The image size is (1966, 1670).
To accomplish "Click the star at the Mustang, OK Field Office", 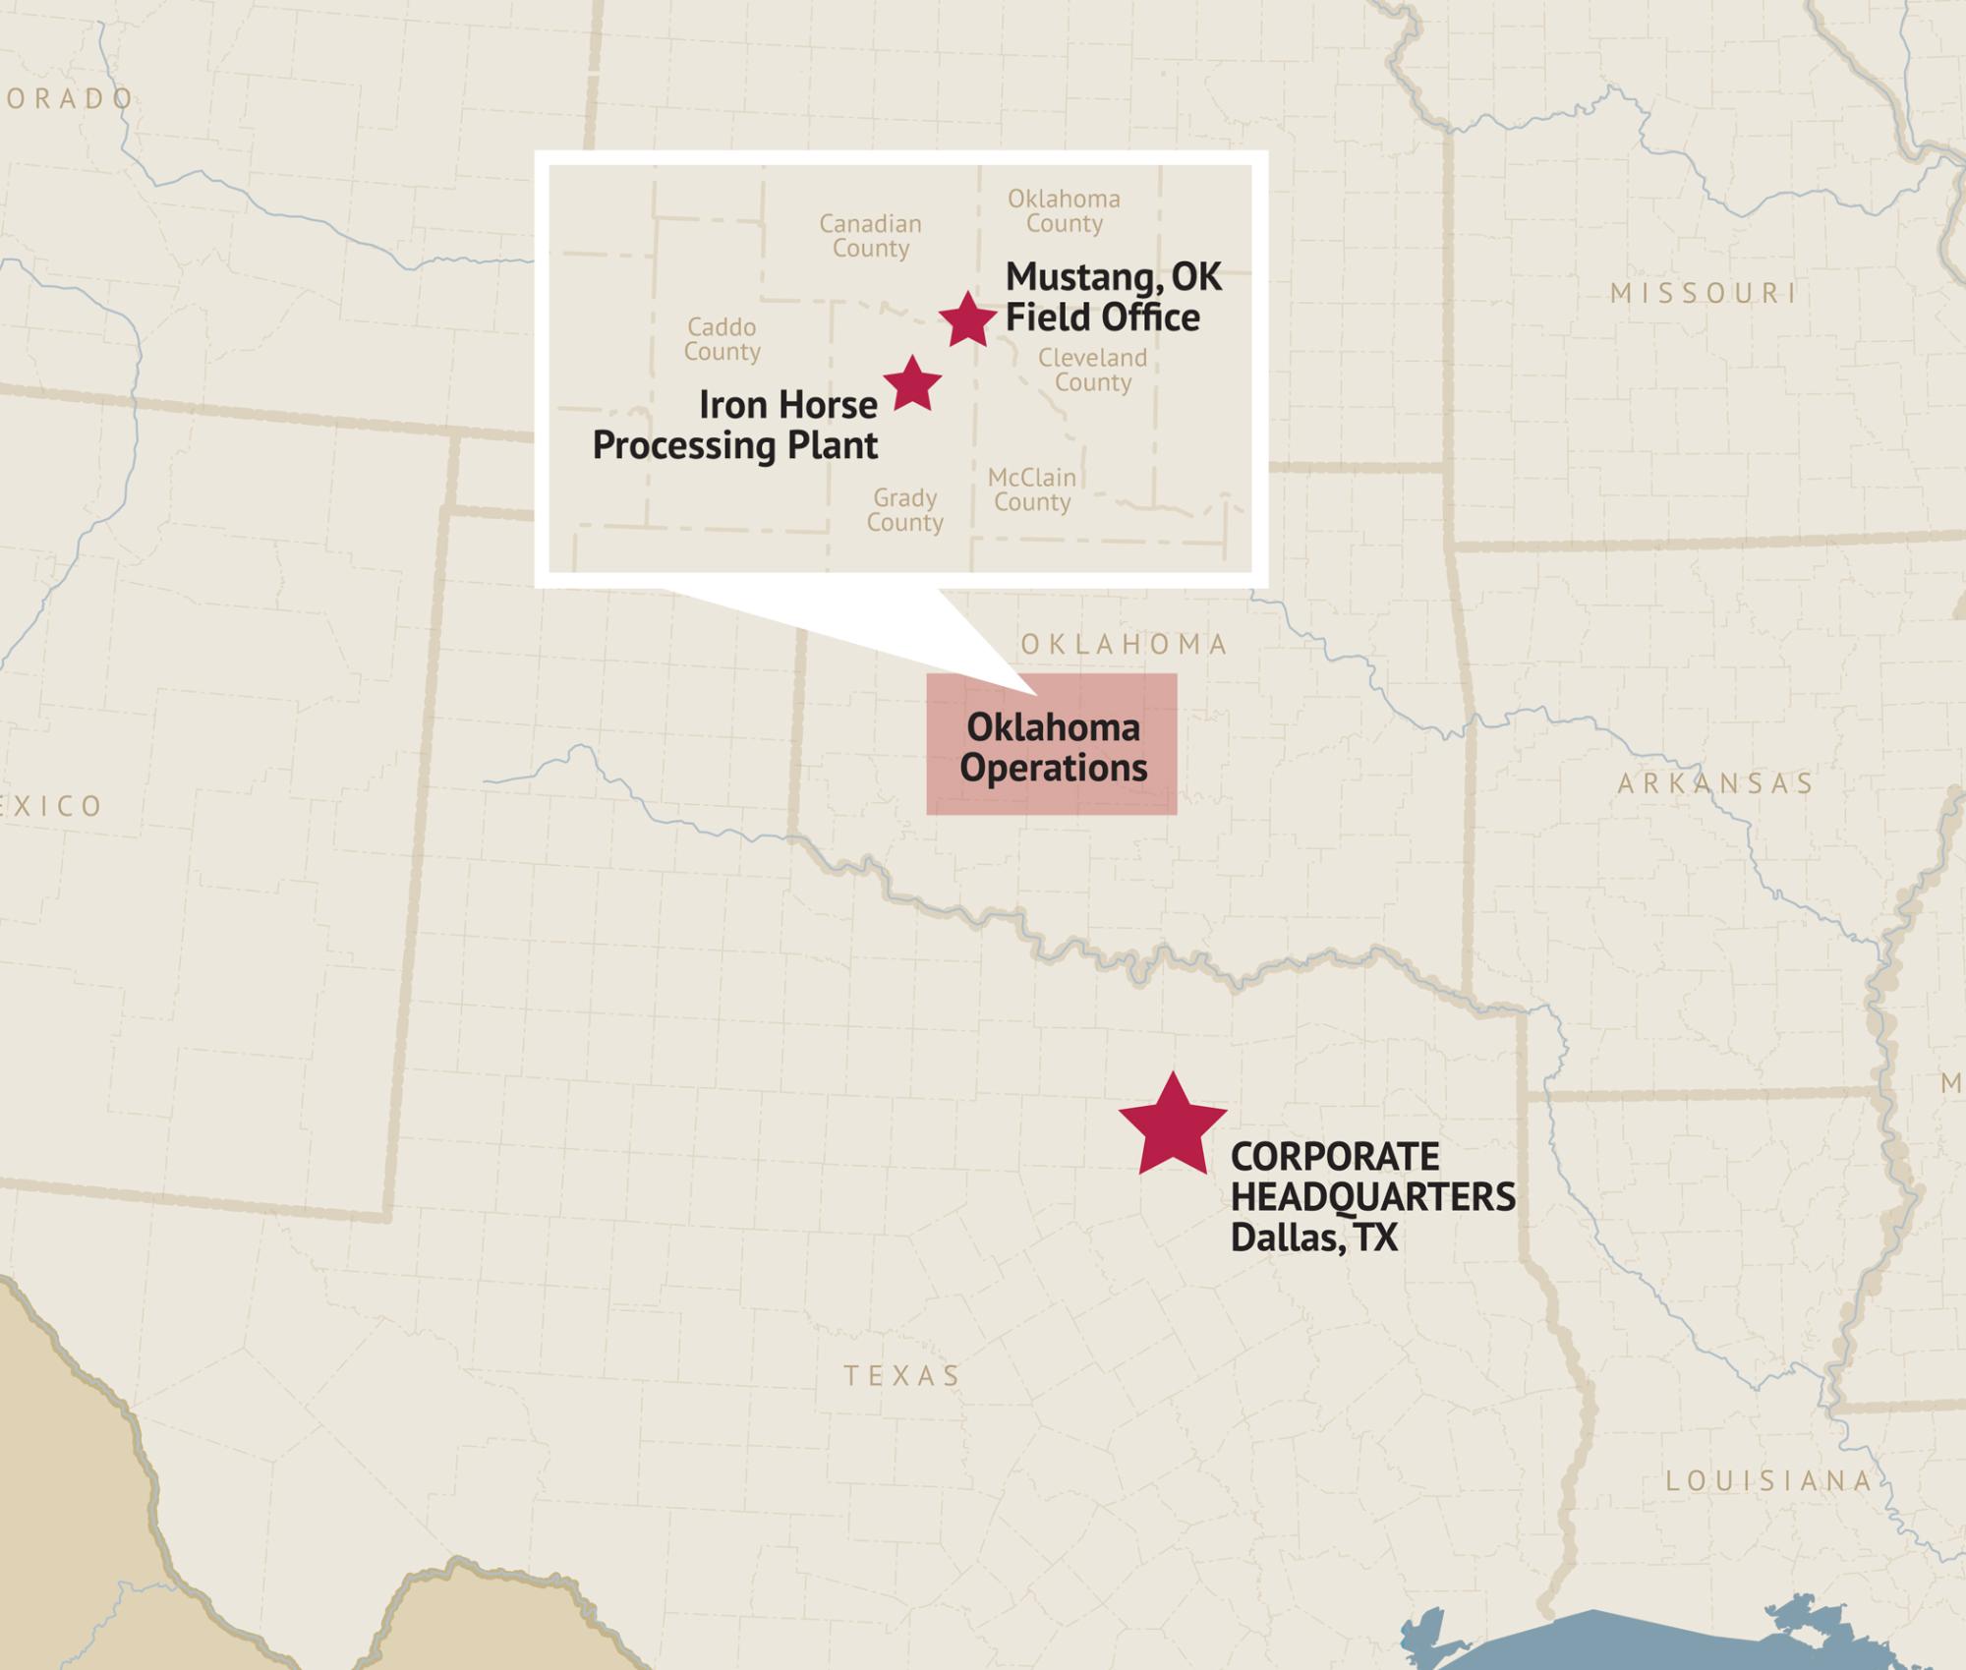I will (x=967, y=319).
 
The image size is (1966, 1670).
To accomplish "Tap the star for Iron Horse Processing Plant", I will (x=912, y=384).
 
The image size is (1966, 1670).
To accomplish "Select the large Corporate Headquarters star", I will (x=1172, y=1126).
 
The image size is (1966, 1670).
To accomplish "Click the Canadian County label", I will (x=871, y=236).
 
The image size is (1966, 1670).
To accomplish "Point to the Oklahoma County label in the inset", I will (x=1064, y=211).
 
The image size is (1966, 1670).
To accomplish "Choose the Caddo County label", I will (x=723, y=339).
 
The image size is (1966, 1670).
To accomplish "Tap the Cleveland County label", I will (x=1093, y=370).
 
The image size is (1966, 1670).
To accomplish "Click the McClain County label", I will (x=1032, y=489).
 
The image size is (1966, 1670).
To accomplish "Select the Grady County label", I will (x=905, y=510).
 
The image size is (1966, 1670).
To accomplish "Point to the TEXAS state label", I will (x=902, y=1375).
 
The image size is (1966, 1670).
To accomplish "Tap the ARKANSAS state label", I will (x=1715, y=783).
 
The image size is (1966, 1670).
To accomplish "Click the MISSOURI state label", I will (x=1704, y=293).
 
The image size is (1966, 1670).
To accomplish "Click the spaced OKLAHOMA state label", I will (x=1125, y=645).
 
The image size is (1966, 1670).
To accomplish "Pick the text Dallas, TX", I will (x=1313, y=1238).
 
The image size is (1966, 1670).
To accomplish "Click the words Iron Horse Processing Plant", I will (x=735, y=425).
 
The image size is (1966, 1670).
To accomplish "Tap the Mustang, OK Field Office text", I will (x=1113, y=297).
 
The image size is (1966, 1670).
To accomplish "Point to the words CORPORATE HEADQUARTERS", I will (x=1372, y=1177).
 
